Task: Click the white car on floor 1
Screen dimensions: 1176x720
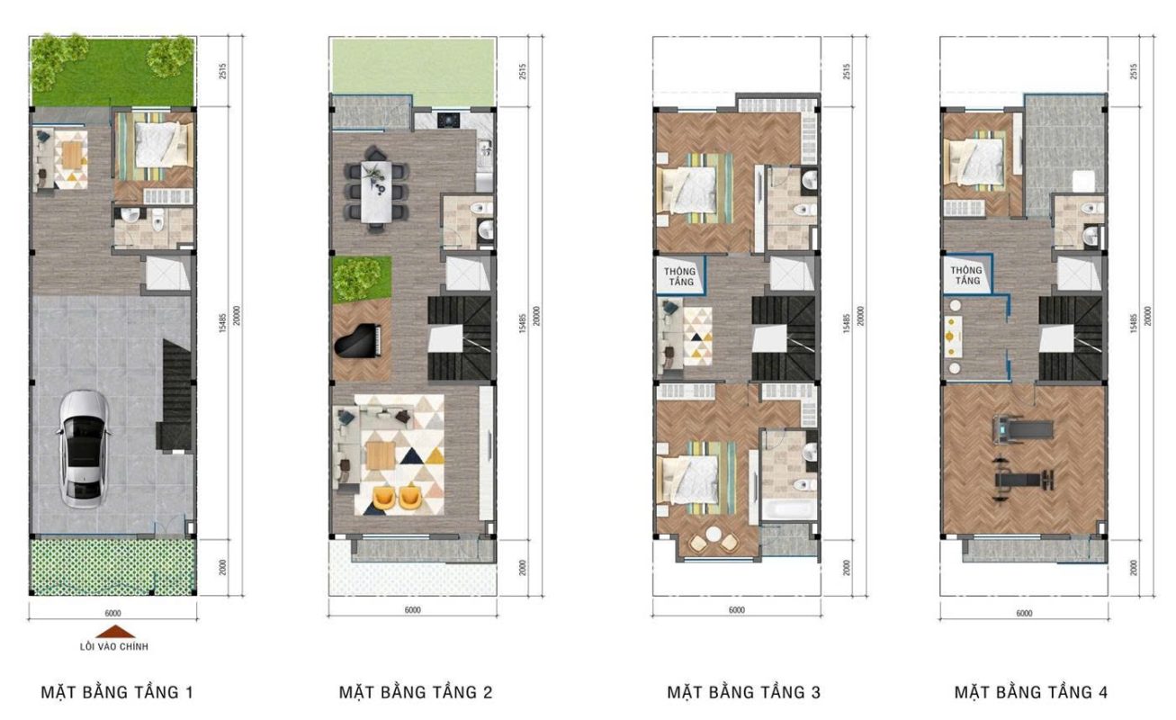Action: point(84,448)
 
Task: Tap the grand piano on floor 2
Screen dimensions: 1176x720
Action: point(358,342)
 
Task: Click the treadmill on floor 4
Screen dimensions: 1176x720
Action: point(1021,429)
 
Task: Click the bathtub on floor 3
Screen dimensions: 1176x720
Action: point(788,509)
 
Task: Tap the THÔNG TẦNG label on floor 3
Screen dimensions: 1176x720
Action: point(679,276)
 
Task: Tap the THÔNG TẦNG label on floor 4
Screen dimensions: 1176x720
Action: point(966,275)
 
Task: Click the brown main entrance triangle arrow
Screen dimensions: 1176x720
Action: point(115,632)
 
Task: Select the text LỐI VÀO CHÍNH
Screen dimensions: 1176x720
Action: point(114,647)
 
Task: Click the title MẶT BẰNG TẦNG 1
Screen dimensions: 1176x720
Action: point(117,692)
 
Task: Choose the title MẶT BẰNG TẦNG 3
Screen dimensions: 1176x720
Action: point(743,692)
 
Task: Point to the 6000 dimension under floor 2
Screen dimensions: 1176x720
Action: point(413,609)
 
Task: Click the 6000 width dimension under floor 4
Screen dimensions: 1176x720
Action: point(1024,613)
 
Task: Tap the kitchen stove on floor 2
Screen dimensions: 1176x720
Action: point(448,121)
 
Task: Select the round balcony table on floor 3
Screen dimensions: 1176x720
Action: point(714,534)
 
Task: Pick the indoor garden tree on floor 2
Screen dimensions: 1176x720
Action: point(357,277)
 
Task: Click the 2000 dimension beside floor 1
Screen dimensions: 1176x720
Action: point(222,567)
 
